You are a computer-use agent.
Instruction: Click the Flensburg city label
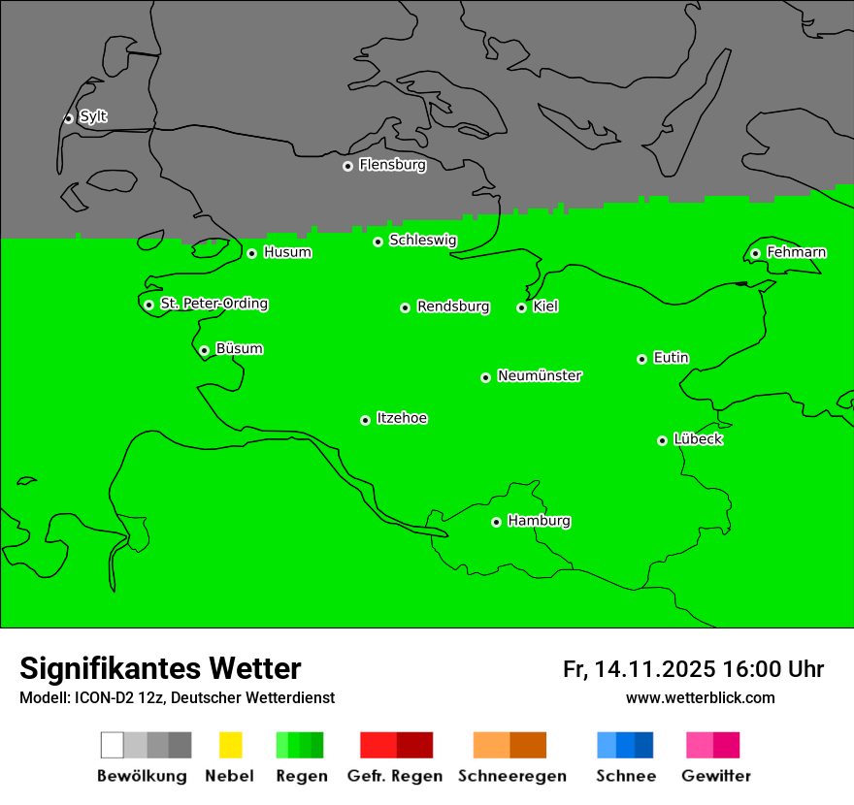[392, 165]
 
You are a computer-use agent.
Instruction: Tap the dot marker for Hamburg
[496, 522]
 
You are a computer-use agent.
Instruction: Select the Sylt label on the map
[93, 117]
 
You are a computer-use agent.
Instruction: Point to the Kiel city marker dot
[521, 307]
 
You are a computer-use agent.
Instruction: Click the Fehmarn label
[796, 252]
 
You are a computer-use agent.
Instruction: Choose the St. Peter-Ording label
[213, 304]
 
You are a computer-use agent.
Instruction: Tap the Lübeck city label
[698, 439]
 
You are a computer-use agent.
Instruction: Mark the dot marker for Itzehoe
[365, 420]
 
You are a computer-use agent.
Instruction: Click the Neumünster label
[540, 375]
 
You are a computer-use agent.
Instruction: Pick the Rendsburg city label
[453, 306]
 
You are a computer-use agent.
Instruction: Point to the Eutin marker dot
[641, 359]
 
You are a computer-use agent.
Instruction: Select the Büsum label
[239, 349]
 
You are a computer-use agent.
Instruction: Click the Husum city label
[287, 252]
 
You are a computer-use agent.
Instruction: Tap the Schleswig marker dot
[378, 241]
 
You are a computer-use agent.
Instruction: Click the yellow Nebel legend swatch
[230, 745]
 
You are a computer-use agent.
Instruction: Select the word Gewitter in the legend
[715, 776]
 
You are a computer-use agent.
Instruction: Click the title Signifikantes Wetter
[160, 668]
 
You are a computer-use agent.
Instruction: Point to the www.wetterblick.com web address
[700, 697]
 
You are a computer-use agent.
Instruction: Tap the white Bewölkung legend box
[113, 745]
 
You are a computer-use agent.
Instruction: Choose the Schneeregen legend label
[511, 776]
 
